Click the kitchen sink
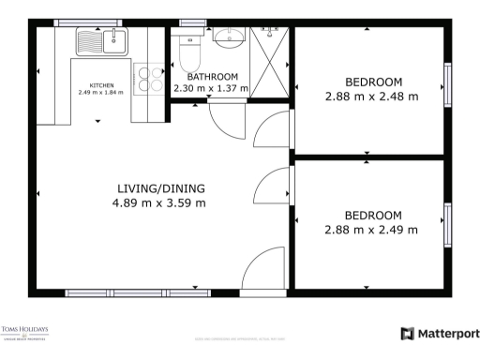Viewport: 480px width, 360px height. [x=103, y=41]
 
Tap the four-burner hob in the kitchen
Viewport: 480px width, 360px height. [x=147, y=78]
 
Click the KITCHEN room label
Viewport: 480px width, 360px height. [x=101, y=84]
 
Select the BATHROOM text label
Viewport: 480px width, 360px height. [x=212, y=77]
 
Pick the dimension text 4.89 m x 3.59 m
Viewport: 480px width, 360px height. [x=159, y=202]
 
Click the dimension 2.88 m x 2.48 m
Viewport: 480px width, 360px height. [x=371, y=95]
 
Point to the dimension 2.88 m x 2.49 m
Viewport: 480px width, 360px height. [x=371, y=229]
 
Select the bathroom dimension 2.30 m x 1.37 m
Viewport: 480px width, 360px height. [x=211, y=88]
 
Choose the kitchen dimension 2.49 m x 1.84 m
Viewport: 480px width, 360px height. [x=101, y=93]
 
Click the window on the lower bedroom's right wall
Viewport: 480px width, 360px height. [x=448, y=225]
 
